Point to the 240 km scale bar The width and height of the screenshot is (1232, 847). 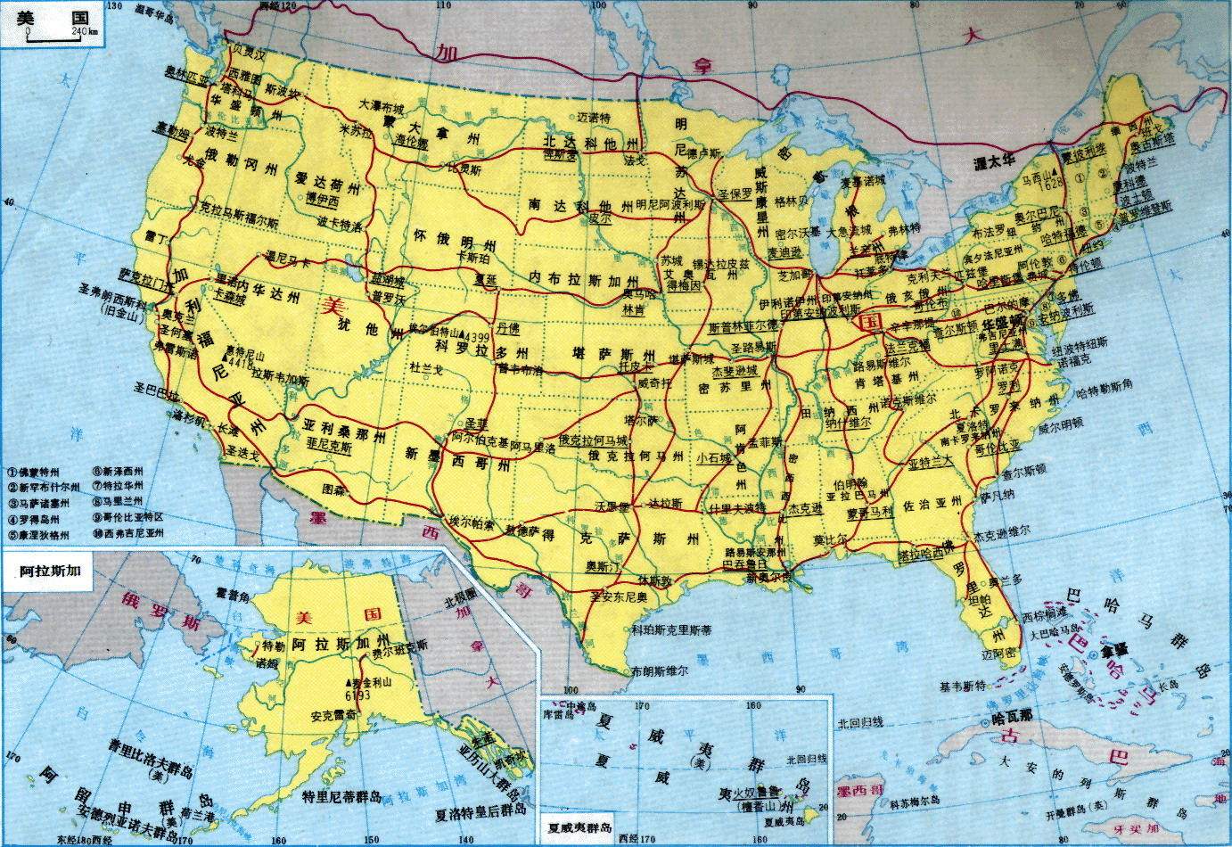(62, 34)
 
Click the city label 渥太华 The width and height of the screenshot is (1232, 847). (996, 163)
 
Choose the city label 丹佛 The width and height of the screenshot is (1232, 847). (509, 327)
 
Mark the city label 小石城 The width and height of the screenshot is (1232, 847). (713, 456)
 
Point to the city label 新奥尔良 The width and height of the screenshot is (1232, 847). (768, 577)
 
